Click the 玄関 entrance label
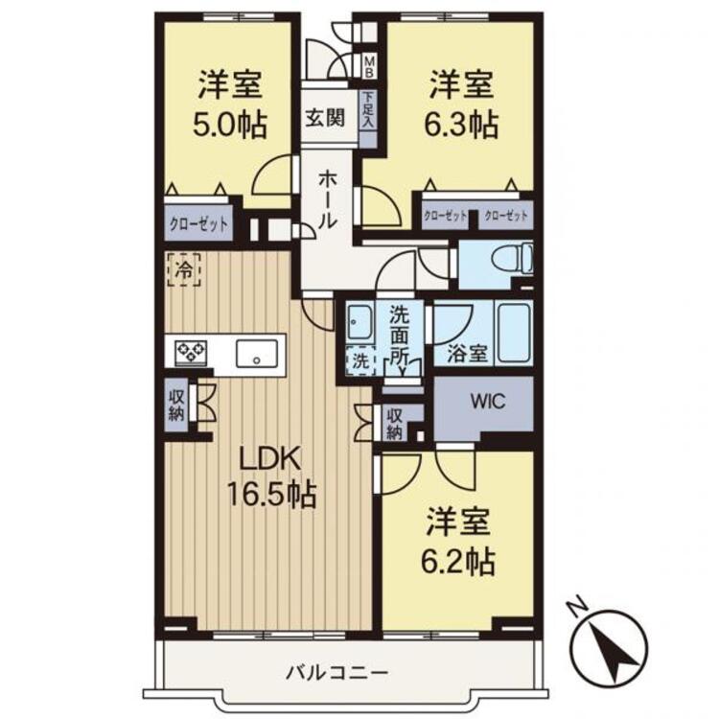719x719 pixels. (x=325, y=118)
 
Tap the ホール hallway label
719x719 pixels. (x=328, y=199)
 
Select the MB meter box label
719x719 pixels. (x=369, y=65)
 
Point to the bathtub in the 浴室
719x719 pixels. (x=514, y=333)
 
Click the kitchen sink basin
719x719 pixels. (x=256, y=353)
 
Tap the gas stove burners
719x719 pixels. (x=191, y=353)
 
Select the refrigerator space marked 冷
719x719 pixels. (x=184, y=270)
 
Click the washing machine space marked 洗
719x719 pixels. (x=360, y=360)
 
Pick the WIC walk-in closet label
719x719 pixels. (x=488, y=402)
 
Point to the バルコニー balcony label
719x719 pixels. (x=337, y=673)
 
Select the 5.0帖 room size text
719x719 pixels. (x=229, y=125)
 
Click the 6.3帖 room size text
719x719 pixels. (x=461, y=125)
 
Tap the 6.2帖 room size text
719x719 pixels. (x=458, y=562)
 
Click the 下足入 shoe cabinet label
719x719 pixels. (x=369, y=110)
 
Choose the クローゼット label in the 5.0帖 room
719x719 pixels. (x=198, y=224)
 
